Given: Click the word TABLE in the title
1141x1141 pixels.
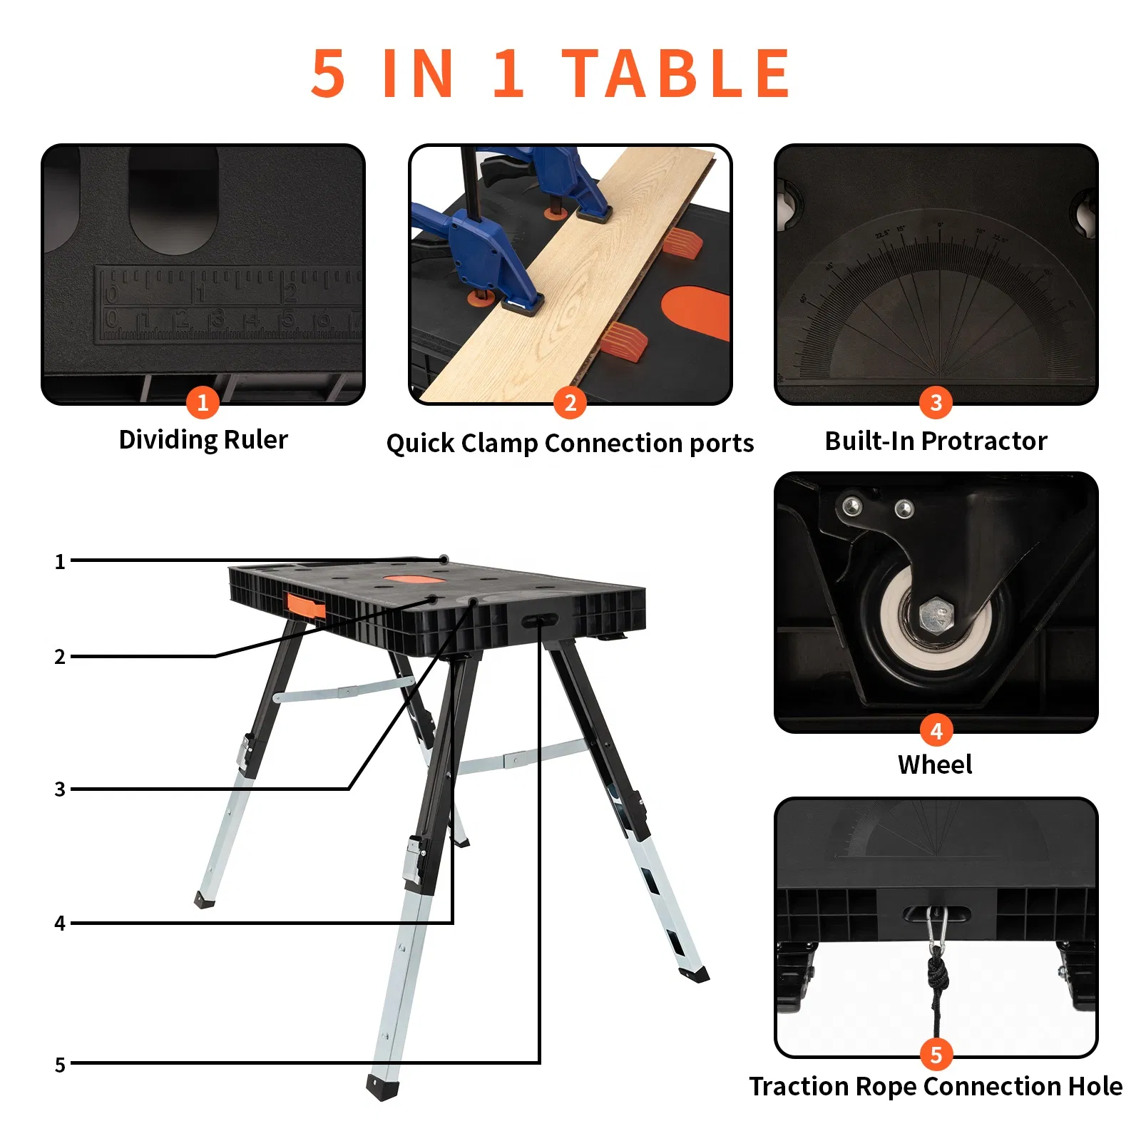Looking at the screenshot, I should (676, 73).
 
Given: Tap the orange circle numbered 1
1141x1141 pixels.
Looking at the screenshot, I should (203, 403).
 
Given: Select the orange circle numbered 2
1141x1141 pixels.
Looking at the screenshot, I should (570, 403).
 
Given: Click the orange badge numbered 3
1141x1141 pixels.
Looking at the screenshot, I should (936, 403).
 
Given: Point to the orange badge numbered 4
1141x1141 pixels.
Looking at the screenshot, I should (936, 730).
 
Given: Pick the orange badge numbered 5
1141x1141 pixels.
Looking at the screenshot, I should (936, 1055).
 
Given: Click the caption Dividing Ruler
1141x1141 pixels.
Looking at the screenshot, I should (203, 439).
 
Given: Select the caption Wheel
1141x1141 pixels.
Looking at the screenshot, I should (934, 764).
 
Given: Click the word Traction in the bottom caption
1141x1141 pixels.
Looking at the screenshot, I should (799, 1086).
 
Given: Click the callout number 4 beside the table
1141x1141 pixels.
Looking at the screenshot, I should (60, 923).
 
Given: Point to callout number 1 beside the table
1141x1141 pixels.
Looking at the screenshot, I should (60, 562).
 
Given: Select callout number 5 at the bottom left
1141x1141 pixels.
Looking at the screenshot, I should (60, 1065).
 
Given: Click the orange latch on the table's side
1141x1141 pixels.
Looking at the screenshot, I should (306, 605).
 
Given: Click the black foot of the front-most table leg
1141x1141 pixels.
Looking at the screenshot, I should (382, 1088).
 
